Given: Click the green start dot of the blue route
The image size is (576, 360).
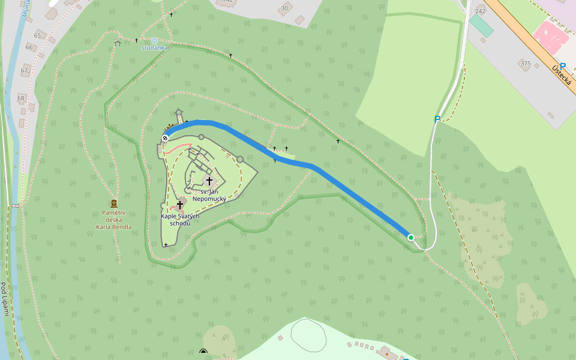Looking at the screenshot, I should [x=411, y=238].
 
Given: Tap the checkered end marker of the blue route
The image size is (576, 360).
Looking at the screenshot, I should [x=165, y=138].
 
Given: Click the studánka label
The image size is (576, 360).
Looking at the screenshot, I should [x=155, y=47].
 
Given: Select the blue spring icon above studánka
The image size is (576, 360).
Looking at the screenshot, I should [x=154, y=41].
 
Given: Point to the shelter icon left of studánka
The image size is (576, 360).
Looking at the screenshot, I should [x=118, y=42].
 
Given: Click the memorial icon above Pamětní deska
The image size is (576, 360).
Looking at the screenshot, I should [x=113, y=203].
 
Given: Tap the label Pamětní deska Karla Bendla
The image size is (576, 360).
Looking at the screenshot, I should [x=113, y=219].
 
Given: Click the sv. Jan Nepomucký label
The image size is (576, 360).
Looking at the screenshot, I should [x=209, y=194].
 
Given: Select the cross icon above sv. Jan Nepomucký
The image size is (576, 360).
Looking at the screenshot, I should [x=209, y=181].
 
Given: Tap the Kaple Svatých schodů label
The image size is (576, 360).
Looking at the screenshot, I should [x=180, y=219].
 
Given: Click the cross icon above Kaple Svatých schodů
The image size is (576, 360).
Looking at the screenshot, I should [x=180, y=205].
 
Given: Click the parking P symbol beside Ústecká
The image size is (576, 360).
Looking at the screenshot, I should [x=563, y=67].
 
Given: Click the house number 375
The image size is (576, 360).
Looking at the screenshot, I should [x=526, y=63].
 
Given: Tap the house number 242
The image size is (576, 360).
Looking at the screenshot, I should [x=480, y=11].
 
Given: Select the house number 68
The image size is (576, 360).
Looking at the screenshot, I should [x=21, y=98].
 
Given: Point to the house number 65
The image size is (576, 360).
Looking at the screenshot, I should [x=37, y=35].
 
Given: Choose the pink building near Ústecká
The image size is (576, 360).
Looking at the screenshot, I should [x=551, y=36].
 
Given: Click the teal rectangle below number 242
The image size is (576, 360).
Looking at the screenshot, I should [x=481, y=26].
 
